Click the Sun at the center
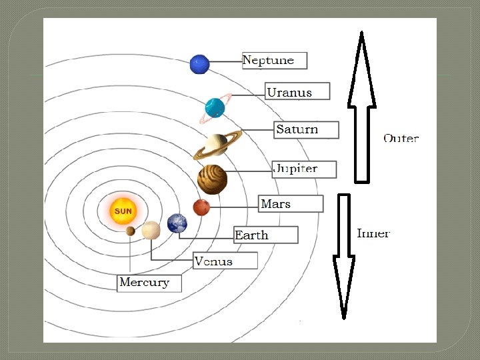(x=123, y=211)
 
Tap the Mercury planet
(x=130, y=231)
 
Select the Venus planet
(x=151, y=230)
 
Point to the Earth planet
(x=177, y=223)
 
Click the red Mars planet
(x=201, y=207)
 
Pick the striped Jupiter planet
(x=212, y=179)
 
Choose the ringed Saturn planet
(x=216, y=144)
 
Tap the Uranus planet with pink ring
(x=215, y=107)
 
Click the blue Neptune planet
(x=199, y=64)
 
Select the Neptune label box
(x=273, y=61)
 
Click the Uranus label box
(x=297, y=91)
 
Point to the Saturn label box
(x=306, y=130)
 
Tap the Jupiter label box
(x=304, y=169)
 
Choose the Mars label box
(x=291, y=204)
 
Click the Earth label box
(x=265, y=235)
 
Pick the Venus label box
(x=225, y=261)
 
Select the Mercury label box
(x=149, y=283)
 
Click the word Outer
(x=401, y=139)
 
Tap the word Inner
(x=373, y=233)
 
